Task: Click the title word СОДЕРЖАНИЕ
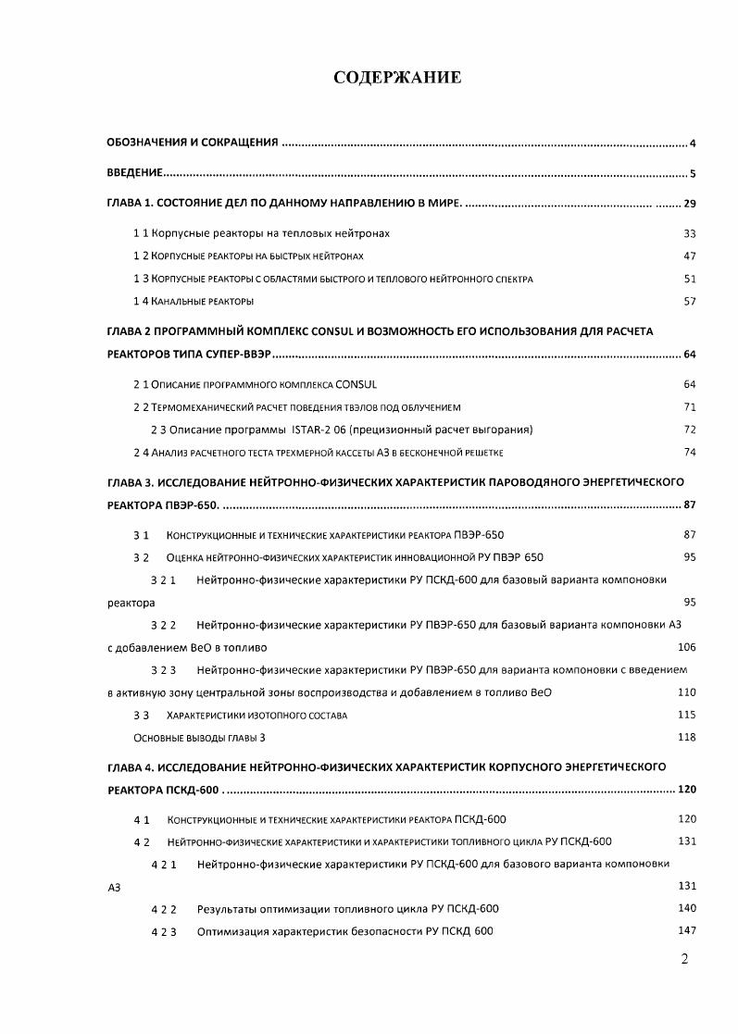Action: point(397,78)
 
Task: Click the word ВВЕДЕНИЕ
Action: point(135,173)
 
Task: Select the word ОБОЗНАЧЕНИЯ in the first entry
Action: point(143,143)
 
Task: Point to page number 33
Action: point(689,234)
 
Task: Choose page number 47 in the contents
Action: point(689,256)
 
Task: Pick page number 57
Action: point(689,302)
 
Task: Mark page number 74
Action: point(689,452)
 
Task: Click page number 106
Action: point(686,647)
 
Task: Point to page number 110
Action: point(686,692)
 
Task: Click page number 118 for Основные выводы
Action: point(686,738)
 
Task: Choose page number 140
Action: point(686,908)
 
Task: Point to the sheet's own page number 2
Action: point(684,960)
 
